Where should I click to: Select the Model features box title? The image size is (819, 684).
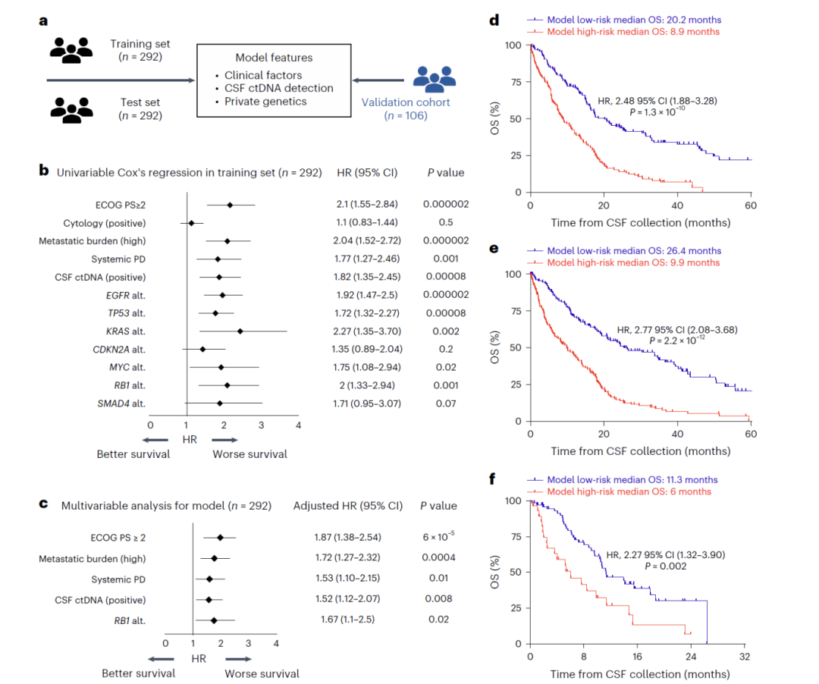click(274, 58)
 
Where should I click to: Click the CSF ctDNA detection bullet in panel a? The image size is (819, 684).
click(278, 88)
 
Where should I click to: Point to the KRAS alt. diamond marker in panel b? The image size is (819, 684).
click(240, 331)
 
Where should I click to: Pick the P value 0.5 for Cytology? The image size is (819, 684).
click(445, 222)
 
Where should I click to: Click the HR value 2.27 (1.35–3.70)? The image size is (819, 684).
click(369, 331)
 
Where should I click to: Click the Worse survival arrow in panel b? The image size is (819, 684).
click(226, 439)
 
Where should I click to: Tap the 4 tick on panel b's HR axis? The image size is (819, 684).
click(298, 425)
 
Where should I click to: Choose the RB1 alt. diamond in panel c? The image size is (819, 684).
click(214, 620)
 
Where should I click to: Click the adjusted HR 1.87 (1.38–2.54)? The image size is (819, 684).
click(347, 538)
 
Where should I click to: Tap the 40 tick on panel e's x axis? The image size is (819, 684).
click(677, 434)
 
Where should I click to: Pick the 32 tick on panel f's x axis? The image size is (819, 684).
click(745, 657)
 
